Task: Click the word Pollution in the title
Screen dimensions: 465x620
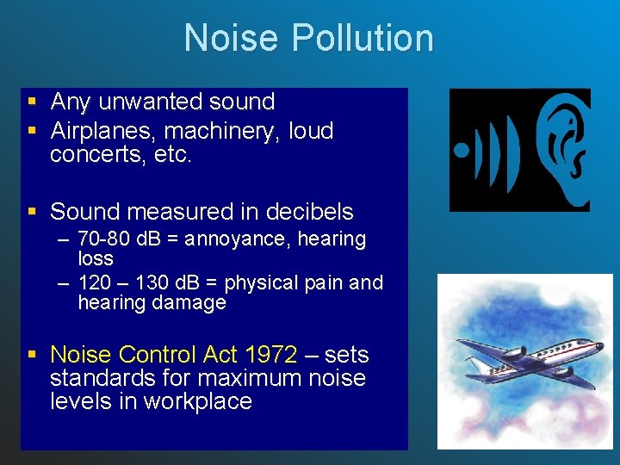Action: pos(362,39)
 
